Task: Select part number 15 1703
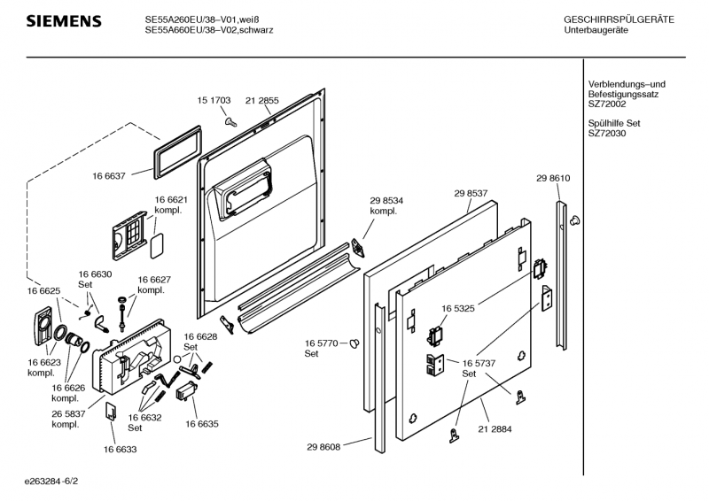tap(214, 101)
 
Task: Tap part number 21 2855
tap(262, 101)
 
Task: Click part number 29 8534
tap(386, 202)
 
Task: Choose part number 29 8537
tap(471, 193)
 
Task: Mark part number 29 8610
tap(552, 179)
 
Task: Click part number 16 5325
tap(459, 308)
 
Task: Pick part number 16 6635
tap(201, 424)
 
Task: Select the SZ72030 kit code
tap(607, 134)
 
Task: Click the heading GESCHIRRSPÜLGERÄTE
tap(619, 19)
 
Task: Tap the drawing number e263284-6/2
tap(58, 482)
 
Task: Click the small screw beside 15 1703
tap(229, 119)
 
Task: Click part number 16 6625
tap(43, 290)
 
